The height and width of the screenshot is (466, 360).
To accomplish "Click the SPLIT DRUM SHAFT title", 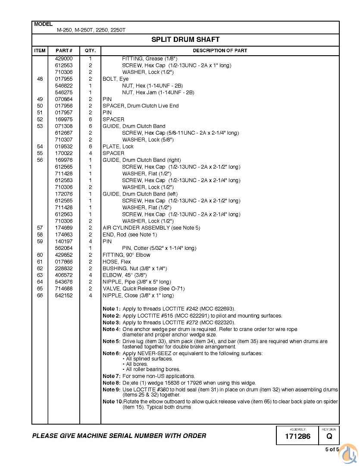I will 185,40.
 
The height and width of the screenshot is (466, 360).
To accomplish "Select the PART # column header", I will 63,50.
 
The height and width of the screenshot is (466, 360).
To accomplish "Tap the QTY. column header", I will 90,50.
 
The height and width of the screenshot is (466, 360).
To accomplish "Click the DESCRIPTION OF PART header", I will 220,50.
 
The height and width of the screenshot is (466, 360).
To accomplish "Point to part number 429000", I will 63,58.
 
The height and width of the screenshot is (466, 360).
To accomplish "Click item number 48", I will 40,79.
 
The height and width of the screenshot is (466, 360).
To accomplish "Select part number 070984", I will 63,99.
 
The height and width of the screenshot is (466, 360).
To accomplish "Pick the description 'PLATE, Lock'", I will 118,147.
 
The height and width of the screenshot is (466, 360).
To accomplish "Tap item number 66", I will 40,296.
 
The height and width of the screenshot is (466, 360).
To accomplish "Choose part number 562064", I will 63,248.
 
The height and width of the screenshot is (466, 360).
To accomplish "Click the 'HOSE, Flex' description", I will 116,262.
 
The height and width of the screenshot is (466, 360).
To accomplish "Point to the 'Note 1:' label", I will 111,309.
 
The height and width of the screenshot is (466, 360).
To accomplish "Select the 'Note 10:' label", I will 113,402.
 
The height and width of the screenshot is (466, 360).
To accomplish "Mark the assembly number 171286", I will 297,437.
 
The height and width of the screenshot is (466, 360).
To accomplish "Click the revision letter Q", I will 329,437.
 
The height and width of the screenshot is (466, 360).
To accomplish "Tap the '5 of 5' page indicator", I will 332,450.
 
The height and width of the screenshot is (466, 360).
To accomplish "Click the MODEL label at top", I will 43,24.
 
